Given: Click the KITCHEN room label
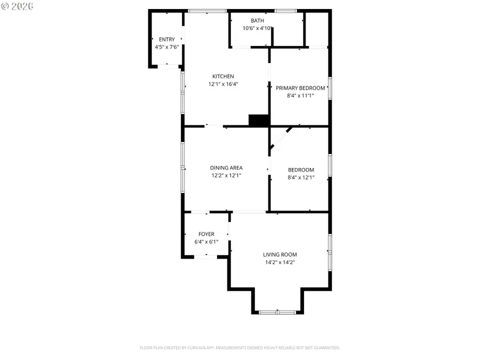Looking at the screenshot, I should pyautogui.click(x=223, y=76).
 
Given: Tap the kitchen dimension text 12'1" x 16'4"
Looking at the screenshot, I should pyautogui.click(x=223, y=84).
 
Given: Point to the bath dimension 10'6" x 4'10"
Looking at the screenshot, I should pyautogui.click(x=258, y=29).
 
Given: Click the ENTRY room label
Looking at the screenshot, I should pyautogui.click(x=166, y=39).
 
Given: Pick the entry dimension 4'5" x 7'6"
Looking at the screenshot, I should pyautogui.click(x=166, y=47).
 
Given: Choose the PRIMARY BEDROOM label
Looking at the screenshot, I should pyautogui.click(x=300, y=88).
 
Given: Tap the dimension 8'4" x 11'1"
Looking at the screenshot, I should pyautogui.click(x=300, y=96).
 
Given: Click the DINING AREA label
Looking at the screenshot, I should pyautogui.click(x=226, y=168).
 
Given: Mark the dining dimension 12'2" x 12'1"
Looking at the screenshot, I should pyautogui.click(x=226, y=175).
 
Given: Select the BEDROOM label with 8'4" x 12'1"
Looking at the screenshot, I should pyautogui.click(x=301, y=170).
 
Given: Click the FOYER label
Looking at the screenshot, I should pyautogui.click(x=206, y=234).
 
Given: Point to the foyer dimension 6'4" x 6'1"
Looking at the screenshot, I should pyautogui.click(x=206, y=242).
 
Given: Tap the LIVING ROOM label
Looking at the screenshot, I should pyautogui.click(x=280, y=255).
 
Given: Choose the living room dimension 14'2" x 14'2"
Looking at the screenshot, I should pyautogui.click(x=280, y=262).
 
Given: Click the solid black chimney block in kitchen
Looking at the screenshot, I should pyautogui.click(x=259, y=121).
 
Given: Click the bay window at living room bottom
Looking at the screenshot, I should pyautogui.click(x=277, y=312).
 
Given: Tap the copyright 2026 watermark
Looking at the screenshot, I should pyautogui.click(x=17, y=6).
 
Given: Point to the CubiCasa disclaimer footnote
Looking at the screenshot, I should pyautogui.click(x=240, y=348).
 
